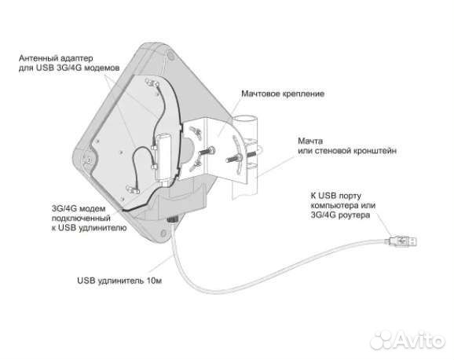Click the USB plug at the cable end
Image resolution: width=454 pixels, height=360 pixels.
tap(401, 241)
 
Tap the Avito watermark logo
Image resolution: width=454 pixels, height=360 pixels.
tap(408, 340)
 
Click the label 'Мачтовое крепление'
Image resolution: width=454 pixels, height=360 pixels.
tap(283, 94)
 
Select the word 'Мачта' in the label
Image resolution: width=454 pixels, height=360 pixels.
tap(310, 141)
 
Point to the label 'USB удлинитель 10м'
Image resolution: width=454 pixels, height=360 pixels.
tap(119, 281)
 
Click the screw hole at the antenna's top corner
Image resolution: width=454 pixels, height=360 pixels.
tap(171, 54)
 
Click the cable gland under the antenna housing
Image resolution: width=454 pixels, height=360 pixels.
tap(173, 219)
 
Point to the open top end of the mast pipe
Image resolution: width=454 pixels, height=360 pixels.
tap(246, 118)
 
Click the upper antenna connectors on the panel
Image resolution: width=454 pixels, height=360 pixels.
tap(153, 83)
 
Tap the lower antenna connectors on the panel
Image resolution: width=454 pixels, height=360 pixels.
tap(133, 190)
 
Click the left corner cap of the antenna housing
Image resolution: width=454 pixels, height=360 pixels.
tap(87, 159)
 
